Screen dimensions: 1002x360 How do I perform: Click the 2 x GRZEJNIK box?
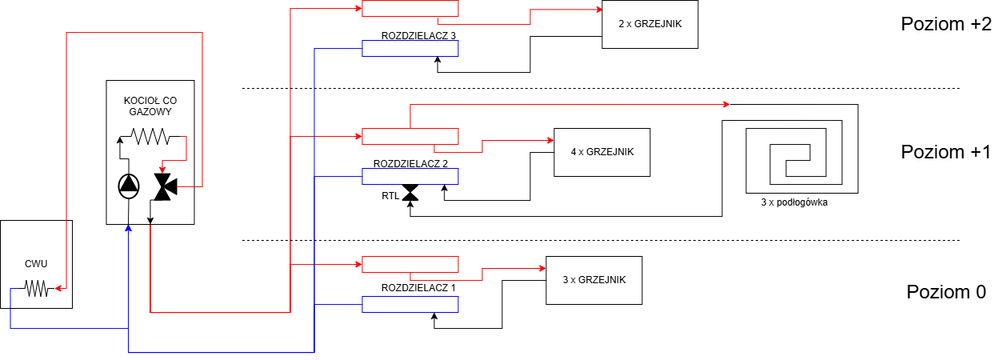649,24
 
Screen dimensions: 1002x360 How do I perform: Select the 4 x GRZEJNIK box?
602,152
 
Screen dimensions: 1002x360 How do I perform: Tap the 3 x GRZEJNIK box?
594,280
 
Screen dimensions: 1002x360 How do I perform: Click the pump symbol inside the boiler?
129,186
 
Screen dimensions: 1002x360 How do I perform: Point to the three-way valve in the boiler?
166,186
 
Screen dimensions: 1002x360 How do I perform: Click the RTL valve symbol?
410,193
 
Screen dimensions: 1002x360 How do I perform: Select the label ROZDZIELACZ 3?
418,36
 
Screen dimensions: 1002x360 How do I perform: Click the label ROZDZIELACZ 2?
410,164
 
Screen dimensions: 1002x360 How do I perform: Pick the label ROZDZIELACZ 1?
418,288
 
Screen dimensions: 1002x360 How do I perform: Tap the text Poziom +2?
946,24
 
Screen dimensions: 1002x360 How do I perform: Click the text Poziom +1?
946,152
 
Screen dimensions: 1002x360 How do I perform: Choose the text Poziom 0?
946,292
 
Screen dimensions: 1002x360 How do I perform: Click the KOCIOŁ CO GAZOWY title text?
150,106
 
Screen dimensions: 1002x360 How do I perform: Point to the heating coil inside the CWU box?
36,288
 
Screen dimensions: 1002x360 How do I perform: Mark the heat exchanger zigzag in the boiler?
150,136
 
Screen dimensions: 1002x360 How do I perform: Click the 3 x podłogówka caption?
794,202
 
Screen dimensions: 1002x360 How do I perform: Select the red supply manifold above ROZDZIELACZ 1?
410,264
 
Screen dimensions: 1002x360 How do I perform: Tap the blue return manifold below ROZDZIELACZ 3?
410,48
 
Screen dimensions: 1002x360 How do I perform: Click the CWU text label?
36,264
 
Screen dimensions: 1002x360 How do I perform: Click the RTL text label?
390,196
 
